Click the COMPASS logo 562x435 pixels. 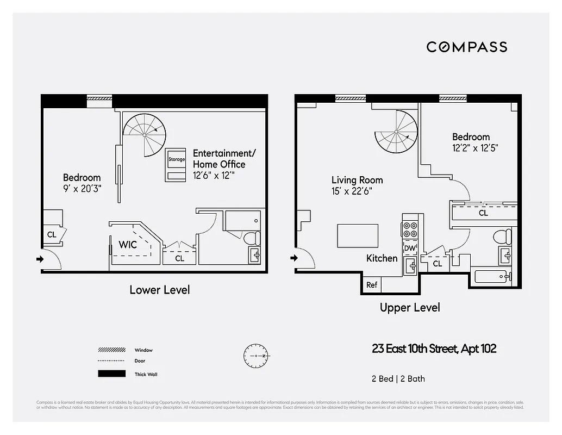tap(466, 47)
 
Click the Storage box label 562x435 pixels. tap(176, 159)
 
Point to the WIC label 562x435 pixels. tap(128, 245)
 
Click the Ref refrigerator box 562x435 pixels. tap(372, 285)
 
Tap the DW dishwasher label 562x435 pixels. tap(410, 248)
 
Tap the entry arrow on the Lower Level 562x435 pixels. tap(40, 259)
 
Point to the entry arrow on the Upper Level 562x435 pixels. tap(295, 258)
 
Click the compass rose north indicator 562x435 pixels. tap(255, 356)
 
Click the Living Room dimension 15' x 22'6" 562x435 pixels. tap(352, 191)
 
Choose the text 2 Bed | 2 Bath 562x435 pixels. tap(395, 378)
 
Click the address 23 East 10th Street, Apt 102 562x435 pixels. tap(434, 349)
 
